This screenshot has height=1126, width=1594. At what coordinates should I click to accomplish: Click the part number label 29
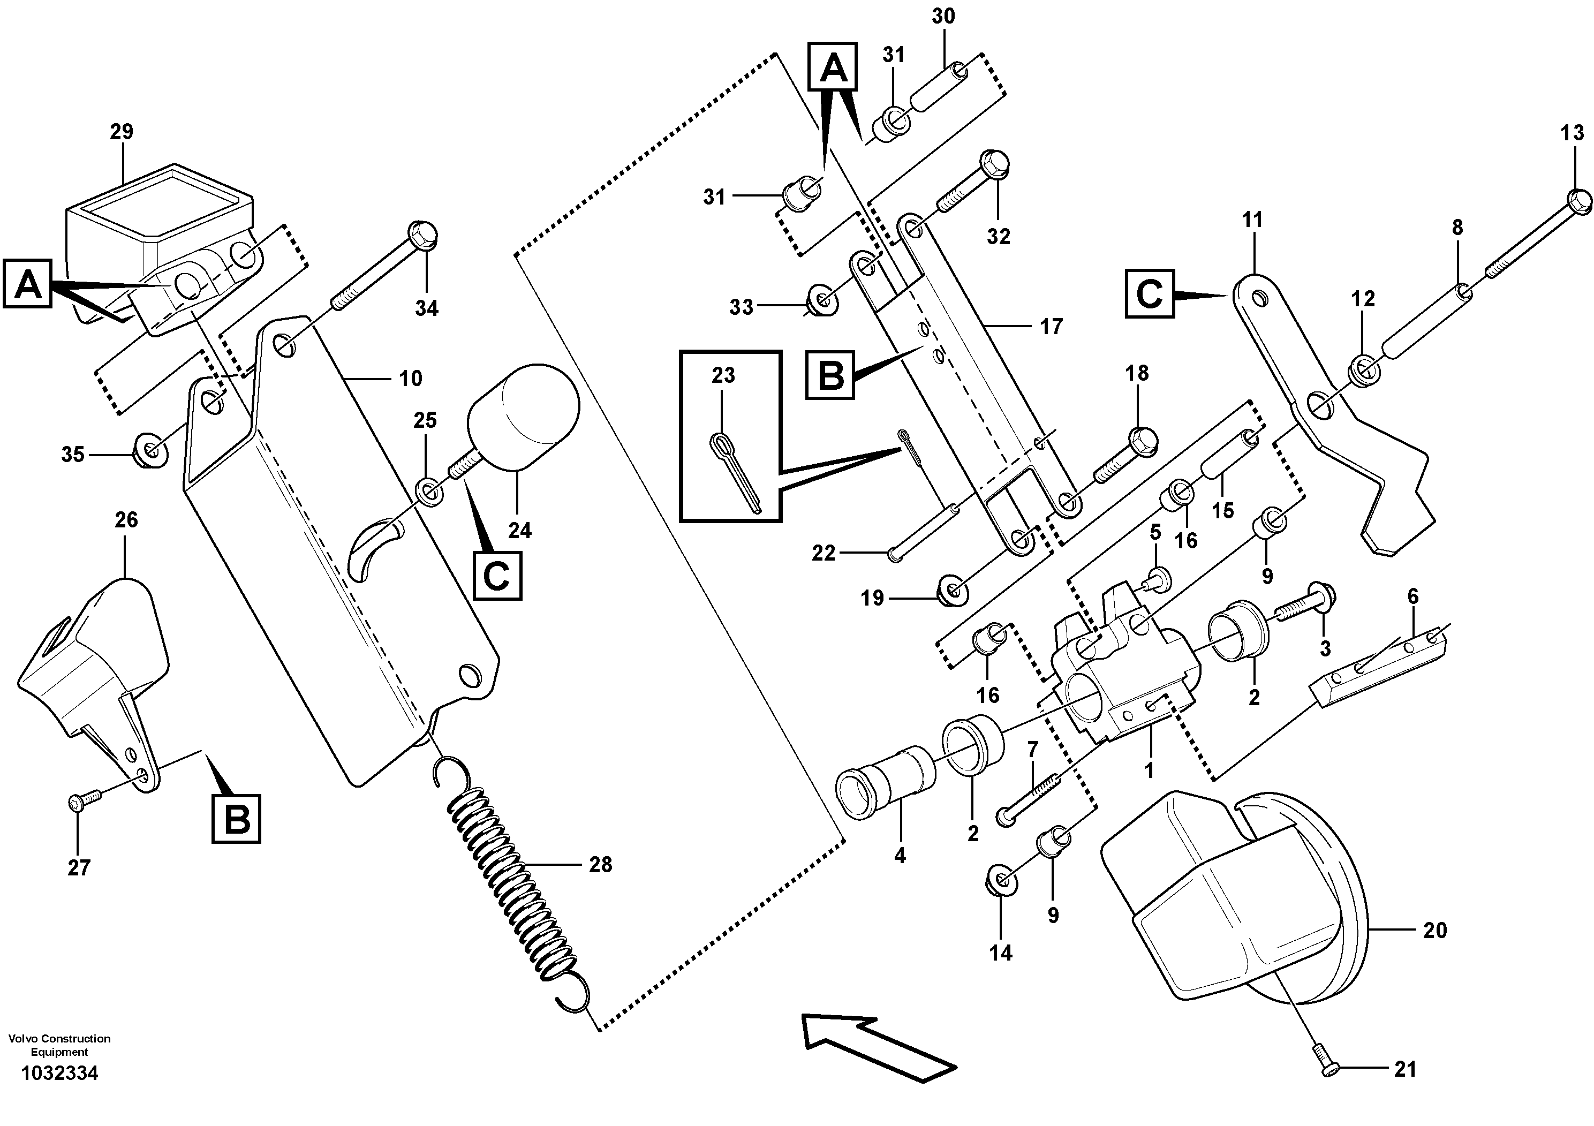[122, 131]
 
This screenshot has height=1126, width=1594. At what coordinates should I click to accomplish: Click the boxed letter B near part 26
[237, 819]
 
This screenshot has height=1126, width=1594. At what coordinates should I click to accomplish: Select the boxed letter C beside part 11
[1150, 293]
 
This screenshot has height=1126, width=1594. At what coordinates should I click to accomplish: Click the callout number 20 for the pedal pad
[1434, 930]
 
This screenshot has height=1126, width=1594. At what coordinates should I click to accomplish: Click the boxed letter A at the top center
[833, 66]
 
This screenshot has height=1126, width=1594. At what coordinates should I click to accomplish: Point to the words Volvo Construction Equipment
[60, 1045]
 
